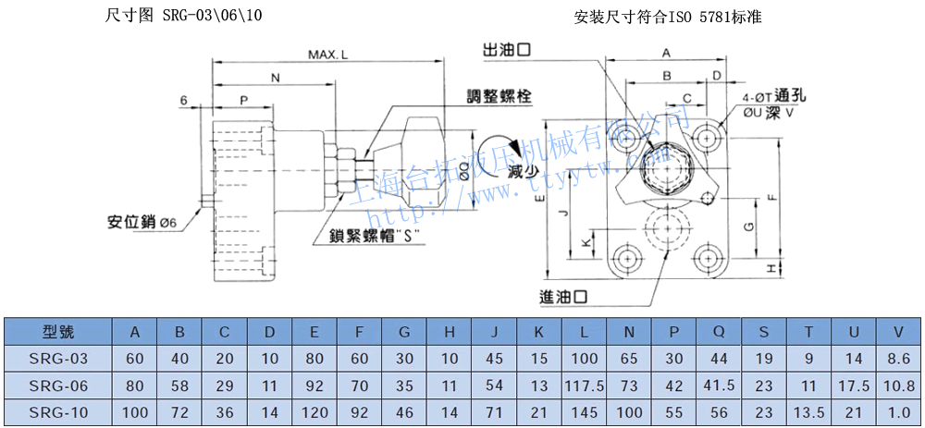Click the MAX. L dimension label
click(328, 55)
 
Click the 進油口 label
click(564, 297)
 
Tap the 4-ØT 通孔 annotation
click(775, 94)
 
